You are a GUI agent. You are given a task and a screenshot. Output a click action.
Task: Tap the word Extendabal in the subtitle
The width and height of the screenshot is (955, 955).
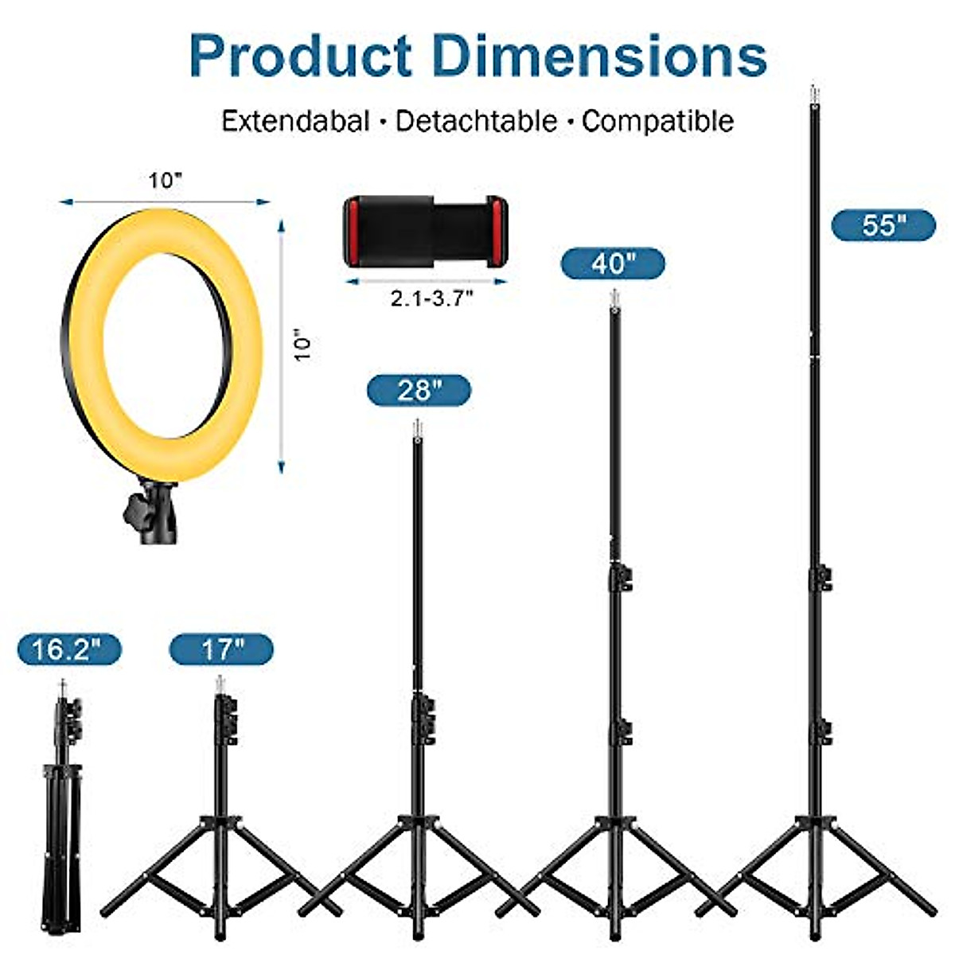295,121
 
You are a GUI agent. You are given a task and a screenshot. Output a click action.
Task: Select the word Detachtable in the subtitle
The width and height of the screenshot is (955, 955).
477,121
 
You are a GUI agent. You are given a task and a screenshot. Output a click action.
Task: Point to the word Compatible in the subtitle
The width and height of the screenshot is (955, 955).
657,121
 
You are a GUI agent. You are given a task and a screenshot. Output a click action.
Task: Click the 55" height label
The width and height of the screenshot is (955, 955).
883,226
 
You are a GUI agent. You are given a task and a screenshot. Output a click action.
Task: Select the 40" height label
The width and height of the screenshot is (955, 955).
612,263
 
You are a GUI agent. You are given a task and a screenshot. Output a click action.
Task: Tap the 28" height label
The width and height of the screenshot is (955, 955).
419,391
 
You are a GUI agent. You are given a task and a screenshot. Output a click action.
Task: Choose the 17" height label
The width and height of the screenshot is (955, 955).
221,650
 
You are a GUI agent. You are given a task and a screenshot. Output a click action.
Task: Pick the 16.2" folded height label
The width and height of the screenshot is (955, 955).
69,650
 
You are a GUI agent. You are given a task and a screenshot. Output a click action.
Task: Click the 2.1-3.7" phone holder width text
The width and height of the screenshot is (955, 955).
431,298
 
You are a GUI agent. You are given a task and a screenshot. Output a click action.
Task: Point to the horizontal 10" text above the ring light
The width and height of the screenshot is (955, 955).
166,181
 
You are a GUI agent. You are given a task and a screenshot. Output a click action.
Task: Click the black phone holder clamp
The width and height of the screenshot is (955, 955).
425,231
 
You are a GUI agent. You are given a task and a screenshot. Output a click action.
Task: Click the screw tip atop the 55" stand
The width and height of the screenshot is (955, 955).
813,94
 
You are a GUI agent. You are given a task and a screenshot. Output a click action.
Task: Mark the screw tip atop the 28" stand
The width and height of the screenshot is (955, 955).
416,428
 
